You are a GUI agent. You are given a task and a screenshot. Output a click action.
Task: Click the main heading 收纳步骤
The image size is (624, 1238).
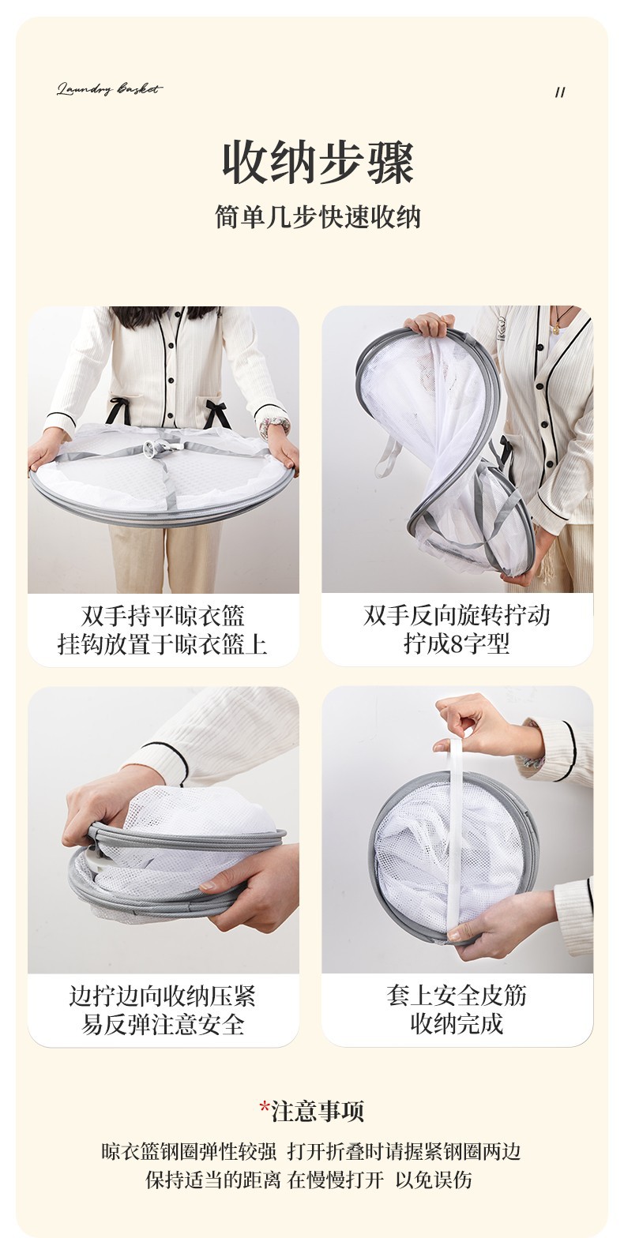318,163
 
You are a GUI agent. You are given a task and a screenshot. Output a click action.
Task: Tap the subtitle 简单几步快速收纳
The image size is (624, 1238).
318,217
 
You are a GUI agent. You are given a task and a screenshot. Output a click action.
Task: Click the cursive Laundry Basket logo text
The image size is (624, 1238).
110,89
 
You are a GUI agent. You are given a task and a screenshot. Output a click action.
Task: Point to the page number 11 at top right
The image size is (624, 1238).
560,92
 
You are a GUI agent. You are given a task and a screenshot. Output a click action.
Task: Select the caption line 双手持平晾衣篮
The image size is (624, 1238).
163,616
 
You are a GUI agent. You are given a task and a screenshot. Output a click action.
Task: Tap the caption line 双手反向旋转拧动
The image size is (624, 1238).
457,615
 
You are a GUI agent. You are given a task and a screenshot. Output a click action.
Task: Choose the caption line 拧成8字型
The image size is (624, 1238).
457,643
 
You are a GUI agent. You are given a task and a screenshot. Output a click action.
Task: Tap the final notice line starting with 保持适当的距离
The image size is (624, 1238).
310,1179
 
